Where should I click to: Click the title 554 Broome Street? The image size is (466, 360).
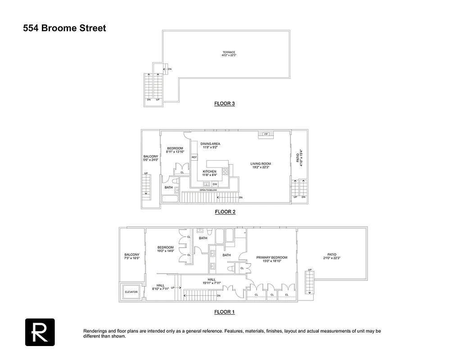(x=65, y=28)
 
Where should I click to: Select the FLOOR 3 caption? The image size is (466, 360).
(x=224, y=103)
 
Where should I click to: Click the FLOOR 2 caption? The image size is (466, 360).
(x=225, y=211)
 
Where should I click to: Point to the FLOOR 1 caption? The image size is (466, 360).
(x=224, y=312)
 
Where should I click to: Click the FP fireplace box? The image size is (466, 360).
(x=266, y=134)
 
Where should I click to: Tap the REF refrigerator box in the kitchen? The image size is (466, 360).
(x=195, y=157)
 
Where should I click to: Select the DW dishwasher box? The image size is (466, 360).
(x=215, y=184)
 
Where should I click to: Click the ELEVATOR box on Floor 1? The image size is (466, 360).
(x=131, y=292)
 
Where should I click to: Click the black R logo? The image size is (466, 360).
(x=40, y=332)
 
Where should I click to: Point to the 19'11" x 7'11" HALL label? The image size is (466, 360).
(x=212, y=281)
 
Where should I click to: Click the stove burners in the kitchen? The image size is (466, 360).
(x=225, y=171)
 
